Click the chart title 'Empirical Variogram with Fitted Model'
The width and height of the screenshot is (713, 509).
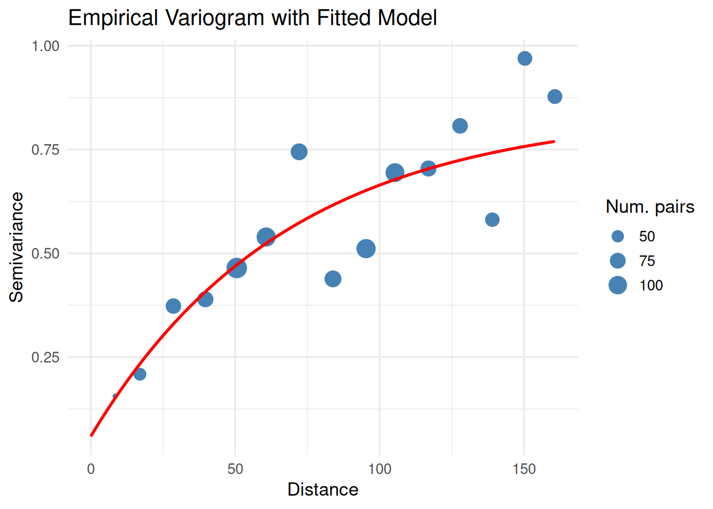coord(253,18)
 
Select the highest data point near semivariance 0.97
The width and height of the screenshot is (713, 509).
coord(525,58)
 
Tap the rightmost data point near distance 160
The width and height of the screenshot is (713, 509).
coord(554,96)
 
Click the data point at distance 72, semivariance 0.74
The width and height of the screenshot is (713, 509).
coord(299,152)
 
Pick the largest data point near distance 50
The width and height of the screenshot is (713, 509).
coord(237,268)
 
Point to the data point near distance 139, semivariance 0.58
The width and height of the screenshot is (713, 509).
coord(492,220)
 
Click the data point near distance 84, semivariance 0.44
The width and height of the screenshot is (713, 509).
coord(333,279)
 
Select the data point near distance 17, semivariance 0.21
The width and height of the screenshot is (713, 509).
coord(140,374)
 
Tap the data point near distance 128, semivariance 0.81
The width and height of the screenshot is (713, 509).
coord(460,126)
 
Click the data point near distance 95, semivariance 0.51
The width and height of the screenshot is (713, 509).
coord(366,249)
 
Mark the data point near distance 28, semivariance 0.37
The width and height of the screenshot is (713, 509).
coord(173,306)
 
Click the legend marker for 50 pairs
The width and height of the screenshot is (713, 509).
coord(618,236)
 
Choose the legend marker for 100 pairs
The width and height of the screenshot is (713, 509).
coord(618,285)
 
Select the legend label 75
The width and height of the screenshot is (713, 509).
coord(647,261)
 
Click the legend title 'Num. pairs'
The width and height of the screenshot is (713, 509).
coord(650,207)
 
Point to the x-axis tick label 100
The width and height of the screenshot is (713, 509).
coord(380,469)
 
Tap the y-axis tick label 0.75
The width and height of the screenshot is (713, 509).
coord(45,150)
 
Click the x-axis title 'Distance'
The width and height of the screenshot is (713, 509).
coord(323,489)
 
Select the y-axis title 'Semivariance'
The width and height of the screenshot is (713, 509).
coord(16,247)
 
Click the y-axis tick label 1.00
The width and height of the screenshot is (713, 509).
coord(45,46)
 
